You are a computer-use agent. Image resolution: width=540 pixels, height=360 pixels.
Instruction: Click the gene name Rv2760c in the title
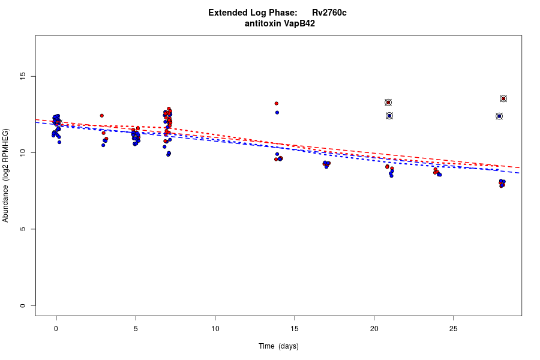point(329,13)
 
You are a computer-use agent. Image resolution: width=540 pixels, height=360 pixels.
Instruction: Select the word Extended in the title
point(227,13)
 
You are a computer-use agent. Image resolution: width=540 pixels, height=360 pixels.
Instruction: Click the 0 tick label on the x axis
point(56,328)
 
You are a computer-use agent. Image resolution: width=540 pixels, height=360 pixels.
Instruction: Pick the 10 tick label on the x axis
point(215,328)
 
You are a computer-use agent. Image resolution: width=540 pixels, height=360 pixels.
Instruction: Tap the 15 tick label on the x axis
point(295,328)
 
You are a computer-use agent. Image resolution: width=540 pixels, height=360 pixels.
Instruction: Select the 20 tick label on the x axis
point(374,328)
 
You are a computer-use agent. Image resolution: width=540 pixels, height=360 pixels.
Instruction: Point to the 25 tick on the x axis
point(454,328)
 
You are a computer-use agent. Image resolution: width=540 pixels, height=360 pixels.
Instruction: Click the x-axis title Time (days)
point(278,346)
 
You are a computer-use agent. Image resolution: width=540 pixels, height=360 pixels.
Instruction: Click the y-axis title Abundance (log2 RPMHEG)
point(6,175)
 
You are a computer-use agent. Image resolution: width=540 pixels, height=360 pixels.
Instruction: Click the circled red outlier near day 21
point(388,103)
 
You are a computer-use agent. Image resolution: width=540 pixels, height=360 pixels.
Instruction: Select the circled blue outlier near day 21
point(389,116)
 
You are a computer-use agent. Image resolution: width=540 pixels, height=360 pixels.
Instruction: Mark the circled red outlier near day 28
point(503,99)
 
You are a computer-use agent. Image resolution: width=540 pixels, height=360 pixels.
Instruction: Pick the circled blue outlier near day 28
point(499,116)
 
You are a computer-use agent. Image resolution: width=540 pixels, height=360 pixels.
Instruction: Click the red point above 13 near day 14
point(277,103)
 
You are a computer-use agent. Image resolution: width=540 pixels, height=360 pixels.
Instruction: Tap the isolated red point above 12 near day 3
point(102,115)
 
